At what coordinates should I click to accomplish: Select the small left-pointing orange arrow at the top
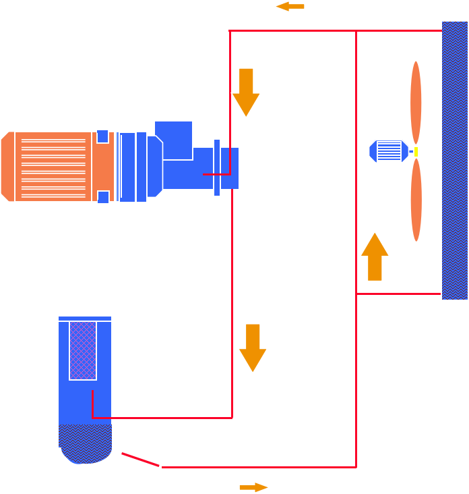289,7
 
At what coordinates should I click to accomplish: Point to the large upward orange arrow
375,256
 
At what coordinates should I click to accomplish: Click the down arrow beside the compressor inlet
246,92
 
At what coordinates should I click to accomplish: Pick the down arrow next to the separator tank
253,347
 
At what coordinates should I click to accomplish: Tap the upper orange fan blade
416,101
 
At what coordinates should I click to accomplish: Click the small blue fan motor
388,151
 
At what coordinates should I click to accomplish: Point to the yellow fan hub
416,152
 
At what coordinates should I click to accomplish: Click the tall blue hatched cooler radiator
455,161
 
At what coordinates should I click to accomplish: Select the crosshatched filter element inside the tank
83,350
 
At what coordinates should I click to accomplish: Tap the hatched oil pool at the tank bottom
85,443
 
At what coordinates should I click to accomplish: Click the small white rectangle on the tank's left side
55,422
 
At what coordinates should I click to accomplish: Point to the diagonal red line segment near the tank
140,460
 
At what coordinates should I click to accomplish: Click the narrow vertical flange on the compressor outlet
217,167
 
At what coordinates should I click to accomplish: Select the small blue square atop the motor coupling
102,137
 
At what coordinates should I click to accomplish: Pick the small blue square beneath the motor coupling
103,196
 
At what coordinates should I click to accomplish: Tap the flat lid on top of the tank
85,318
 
